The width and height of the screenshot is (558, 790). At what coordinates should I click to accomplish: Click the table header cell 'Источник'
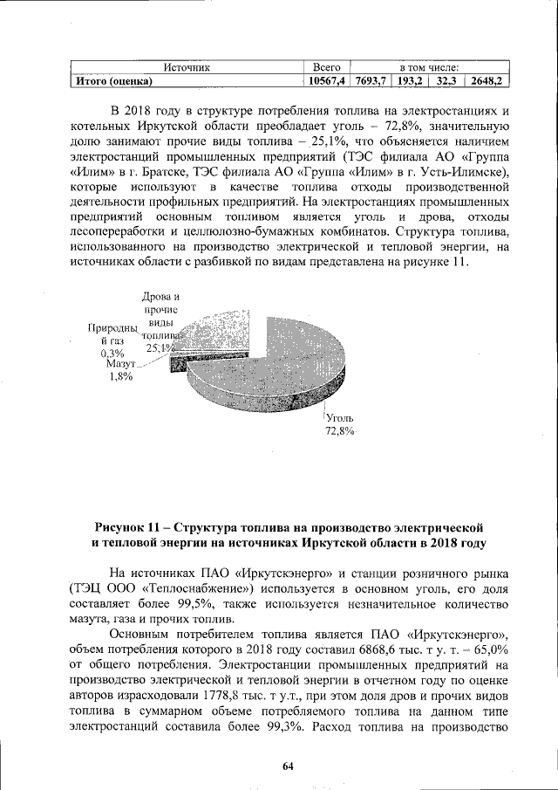185,67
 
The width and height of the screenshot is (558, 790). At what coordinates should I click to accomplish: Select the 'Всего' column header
325,67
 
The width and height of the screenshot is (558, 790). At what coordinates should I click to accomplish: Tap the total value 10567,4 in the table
325,81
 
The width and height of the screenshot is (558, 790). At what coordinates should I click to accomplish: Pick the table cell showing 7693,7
370,81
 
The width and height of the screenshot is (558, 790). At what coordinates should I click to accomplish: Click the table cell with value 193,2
409,81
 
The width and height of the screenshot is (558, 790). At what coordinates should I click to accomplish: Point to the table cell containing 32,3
446,81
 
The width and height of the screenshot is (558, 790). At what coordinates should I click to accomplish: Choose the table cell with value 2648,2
487,81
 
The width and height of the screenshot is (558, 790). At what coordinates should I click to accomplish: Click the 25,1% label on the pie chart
160,347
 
